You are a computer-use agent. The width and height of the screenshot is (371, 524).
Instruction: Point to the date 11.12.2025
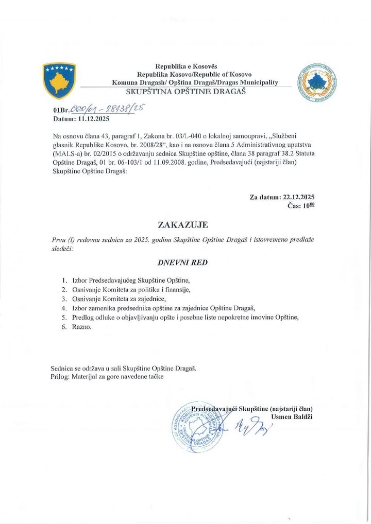click(x=94, y=118)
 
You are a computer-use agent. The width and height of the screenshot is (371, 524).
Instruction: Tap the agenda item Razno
click(x=82, y=327)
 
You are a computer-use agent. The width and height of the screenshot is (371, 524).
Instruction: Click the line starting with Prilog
click(x=107, y=377)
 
